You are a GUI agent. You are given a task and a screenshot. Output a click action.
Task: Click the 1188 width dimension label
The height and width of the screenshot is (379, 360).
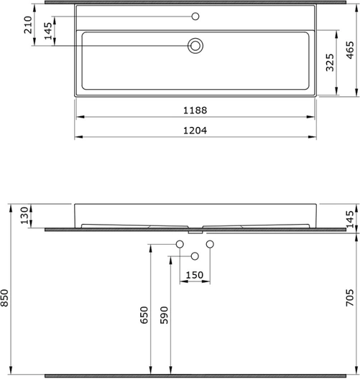[x=195, y=111]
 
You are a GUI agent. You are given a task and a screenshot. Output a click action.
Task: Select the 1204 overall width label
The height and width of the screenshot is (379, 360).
[x=195, y=131]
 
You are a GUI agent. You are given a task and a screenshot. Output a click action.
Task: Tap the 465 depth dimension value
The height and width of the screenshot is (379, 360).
[x=350, y=50]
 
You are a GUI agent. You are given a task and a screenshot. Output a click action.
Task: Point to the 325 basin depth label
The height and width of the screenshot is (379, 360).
[x=330, y=62]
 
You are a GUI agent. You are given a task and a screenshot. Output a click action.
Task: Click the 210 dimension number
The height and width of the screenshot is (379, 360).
[x=28, y=25]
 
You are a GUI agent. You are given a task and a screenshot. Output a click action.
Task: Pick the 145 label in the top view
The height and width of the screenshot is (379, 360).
[x=48, y=31]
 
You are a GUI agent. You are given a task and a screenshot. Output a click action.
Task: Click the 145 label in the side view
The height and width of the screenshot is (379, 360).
[x=350, y=219]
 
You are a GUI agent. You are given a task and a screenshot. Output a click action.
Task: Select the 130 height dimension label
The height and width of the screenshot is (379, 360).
[x=24, y=215]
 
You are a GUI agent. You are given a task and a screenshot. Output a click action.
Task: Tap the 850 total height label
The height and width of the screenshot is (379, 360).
[x=4, y=298]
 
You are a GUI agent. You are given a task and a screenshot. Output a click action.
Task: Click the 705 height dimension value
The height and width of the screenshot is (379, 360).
[x=350, y=298]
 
